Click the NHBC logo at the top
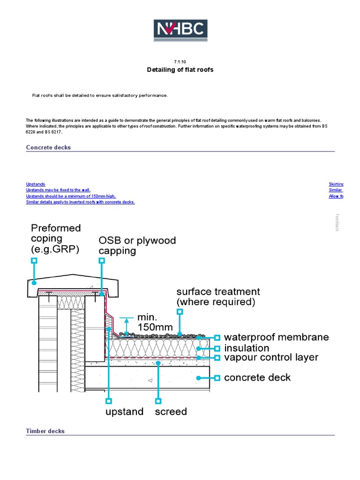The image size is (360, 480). tap(180, 30)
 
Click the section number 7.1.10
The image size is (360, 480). tap(180, 61)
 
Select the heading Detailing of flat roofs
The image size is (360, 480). tap(180, 70)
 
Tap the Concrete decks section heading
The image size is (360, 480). tap(48, 147)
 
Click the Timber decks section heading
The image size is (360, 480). tap(45, 431)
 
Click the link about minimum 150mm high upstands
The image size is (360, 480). tap(71, 196)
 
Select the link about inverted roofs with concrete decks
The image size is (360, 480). tap(80, 202)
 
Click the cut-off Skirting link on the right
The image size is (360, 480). tap(336, 185)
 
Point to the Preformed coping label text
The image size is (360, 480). tap(56, 239)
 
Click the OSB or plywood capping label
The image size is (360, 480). tap(137, 246)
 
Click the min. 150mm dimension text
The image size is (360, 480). tap(155, 322)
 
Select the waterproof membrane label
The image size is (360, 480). tap(276, 337)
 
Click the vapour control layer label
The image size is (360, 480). tap(271, 358)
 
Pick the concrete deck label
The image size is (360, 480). tap(257, 377)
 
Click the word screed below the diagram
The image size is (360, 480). tap(171, 412)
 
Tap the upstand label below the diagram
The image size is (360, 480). tap(124, 412)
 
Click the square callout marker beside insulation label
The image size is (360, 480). tap(217, 348)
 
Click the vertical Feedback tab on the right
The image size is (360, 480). tap(337, 222)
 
